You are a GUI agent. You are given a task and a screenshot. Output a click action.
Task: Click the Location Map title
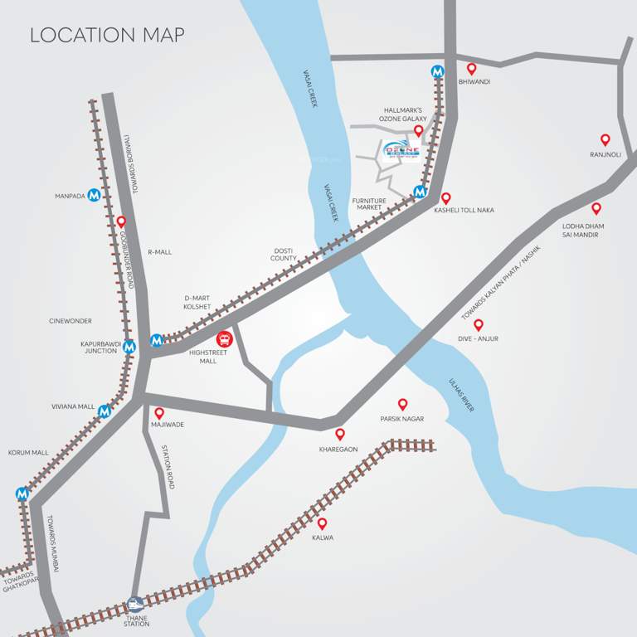tap(107, 36)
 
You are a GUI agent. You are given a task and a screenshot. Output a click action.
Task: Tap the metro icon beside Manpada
tap(95, 196)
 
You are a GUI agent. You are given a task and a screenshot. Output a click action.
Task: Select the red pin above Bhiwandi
tap(472, 69)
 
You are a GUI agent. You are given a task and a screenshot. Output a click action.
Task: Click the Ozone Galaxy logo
tap(402, 148)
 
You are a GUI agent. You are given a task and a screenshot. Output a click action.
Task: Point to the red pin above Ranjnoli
tap(605, 140)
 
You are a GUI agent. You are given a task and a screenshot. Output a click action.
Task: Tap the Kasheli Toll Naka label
tap(464, 211)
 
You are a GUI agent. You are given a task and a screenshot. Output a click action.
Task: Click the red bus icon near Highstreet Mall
tap(224, 339)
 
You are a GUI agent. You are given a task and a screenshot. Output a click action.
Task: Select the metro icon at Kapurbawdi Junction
tap(129, 348)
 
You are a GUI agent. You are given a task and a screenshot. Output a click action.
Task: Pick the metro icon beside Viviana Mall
tap(105, 411)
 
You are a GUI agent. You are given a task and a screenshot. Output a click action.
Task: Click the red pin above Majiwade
tap(159, 412)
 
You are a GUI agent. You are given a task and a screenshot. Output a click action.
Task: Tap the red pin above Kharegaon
tap(339, 434)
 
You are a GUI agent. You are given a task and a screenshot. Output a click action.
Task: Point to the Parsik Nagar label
tap(402, 419)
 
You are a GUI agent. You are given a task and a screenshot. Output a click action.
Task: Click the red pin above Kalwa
tap(322, 523)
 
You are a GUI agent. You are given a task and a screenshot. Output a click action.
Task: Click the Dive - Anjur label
tap(478, 338)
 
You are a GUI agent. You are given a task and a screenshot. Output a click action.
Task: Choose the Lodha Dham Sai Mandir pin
tap(596, 208)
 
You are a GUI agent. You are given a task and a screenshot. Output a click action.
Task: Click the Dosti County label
tap(284, 254)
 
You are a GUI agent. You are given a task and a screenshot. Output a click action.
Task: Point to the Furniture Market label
tap(369, 203)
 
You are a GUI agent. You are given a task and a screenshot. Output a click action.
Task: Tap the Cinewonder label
tap(71, 321)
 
